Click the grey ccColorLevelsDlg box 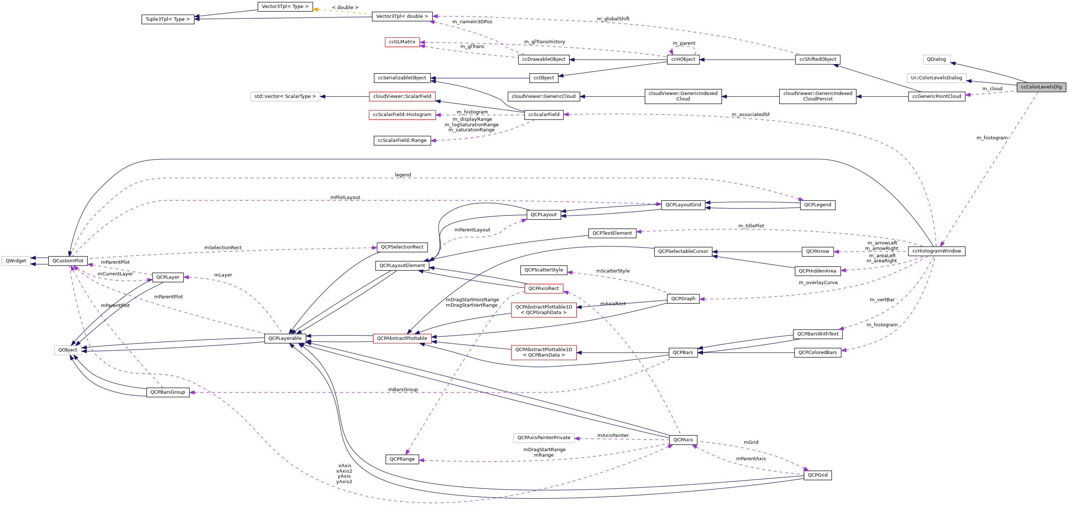coord(1041,87)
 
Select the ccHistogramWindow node coord(936,251)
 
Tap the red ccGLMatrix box coord(402,42)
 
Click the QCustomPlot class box coord(68,261)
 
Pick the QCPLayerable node coord(285,338)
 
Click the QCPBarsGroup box coord(168,392)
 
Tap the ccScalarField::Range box coord(402,140)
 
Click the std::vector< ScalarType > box coord(285,96)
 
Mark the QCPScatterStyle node coord(543,270)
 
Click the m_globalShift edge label coord(613,19)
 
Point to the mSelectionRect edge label coord(223,248)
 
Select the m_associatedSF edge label coord(750,114)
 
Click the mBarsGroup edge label coord(403,389)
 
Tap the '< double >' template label coord(345,7)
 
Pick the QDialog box coord(936,59)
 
